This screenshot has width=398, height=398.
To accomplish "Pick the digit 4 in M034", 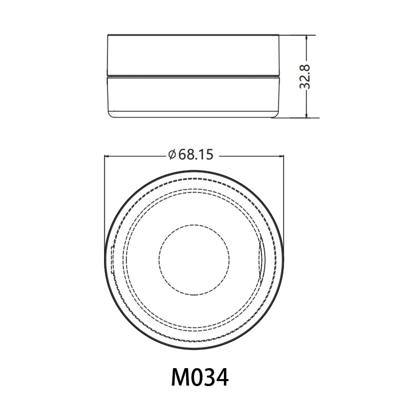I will [x=222, y=377].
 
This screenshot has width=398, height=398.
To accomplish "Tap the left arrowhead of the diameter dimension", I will [x=106, y=155].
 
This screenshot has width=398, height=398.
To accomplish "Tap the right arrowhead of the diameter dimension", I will [x=281, y=155].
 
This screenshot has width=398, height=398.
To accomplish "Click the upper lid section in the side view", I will [x=194, y=55].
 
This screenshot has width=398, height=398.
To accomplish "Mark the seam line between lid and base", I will [x=194, y=76].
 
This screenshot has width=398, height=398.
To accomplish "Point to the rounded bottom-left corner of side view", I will [x=111, y=115].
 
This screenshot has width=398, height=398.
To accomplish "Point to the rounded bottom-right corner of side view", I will [x=277, y=115].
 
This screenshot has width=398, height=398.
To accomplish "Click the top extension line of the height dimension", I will [x=298, y=35].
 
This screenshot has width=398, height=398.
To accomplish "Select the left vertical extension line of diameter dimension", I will [x=104, y=199].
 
